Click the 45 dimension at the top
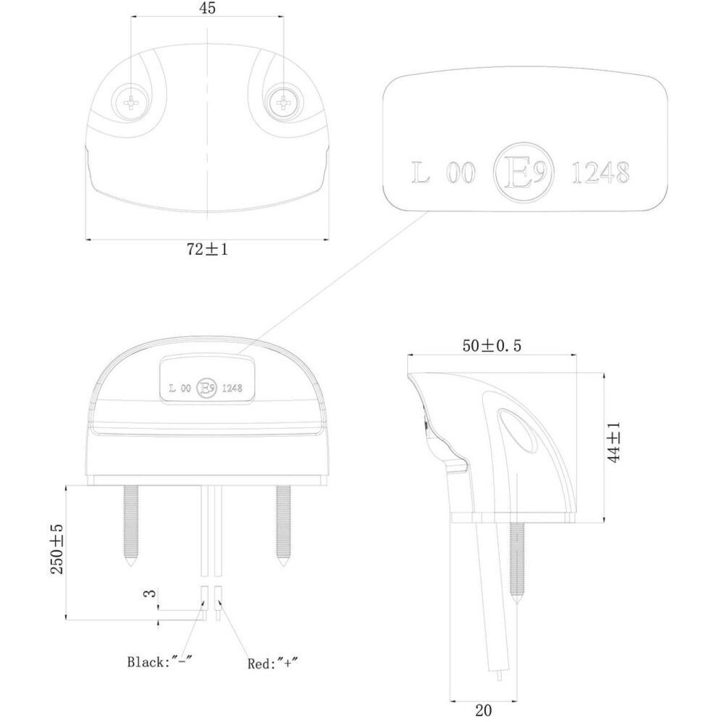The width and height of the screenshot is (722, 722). coord(208,8)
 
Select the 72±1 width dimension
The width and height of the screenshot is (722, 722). coord(207,249)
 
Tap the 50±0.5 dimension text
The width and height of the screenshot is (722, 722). coord(492,345)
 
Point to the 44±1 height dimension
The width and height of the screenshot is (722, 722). coord(614,442)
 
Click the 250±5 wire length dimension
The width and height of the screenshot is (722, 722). coord(56,549)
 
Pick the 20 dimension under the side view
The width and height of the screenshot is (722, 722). coord(484,710)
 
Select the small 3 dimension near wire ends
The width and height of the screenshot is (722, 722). coord(150,593)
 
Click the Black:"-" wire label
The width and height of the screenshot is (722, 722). coord(159,662)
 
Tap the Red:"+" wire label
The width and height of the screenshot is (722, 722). coord(273,664)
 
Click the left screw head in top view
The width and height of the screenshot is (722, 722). coord(131,103)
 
